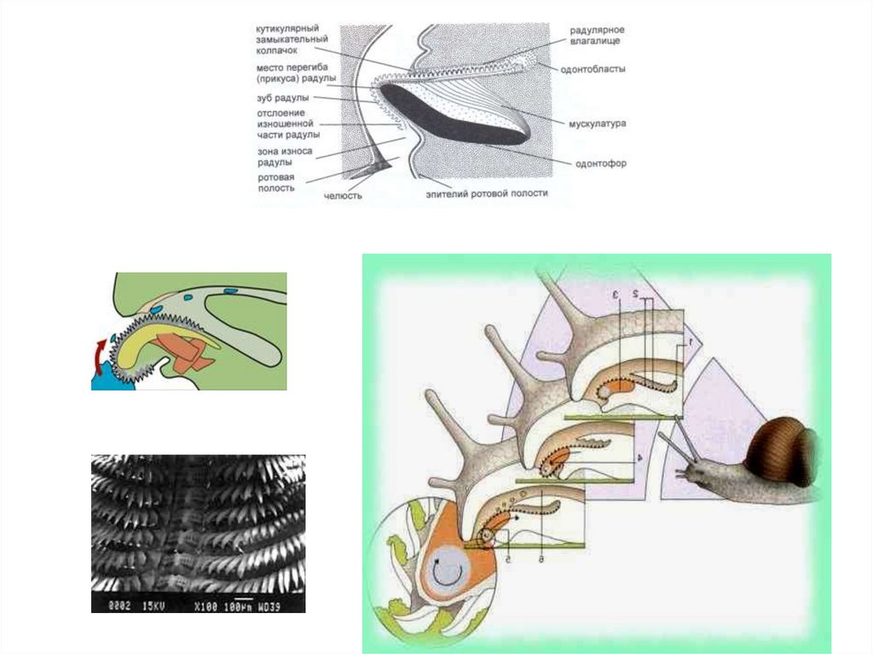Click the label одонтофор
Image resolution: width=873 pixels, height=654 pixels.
(x=600, y=163)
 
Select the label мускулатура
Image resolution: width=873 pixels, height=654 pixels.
(x=598, y=123)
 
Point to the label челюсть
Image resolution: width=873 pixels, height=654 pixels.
(x=344, y=195)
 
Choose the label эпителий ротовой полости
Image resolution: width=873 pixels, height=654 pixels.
(x=488, y=194)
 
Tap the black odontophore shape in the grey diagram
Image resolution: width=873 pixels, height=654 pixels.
(x=452, y=116)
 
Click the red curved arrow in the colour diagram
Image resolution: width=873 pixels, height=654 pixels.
(x=101, y=350)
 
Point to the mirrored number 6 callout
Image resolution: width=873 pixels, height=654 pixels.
(x=540, y=554)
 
